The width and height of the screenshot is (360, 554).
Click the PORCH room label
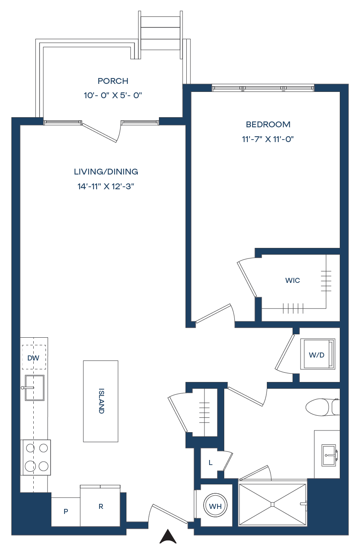pos(113,81)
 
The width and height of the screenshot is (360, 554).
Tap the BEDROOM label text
pos(268,124)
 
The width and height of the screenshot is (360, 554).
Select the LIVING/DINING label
pos(106,172)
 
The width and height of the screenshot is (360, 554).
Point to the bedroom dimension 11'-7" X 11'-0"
pos(268,139)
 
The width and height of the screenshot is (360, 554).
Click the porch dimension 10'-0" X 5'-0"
pos(113,95)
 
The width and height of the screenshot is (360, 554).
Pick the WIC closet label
pos(293,280)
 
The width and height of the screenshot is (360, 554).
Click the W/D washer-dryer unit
pos(317,354)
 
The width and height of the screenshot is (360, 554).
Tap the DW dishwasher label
pos(33,358)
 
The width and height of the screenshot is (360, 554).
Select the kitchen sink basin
pos(35,387)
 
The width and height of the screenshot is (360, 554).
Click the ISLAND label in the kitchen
pos(101,401)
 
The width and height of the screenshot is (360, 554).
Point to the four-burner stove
pos(37,457)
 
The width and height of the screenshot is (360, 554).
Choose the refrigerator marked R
pos(100,506)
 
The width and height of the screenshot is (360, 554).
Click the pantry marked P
pos(66,511)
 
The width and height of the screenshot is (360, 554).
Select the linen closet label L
pos(210,463)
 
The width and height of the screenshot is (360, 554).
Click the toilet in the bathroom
pos(322,407)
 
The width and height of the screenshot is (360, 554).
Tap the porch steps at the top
pos(160,33)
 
